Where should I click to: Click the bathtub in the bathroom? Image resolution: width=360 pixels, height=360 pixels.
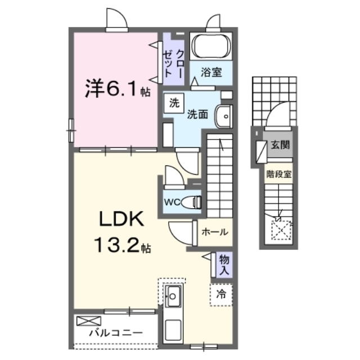click(211, 46)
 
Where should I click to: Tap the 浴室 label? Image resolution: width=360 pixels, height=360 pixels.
click(211, 73)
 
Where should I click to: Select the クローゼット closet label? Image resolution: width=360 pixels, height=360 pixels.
click(173, 64)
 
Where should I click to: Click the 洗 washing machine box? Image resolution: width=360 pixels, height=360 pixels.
click(174, 103)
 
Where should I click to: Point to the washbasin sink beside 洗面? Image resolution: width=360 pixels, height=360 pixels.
click(223, 116)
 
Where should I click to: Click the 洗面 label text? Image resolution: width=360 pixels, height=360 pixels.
click(197, 114)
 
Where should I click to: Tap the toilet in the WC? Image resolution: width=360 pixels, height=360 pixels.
click(191, 202)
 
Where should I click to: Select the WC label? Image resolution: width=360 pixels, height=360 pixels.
click(172, 202)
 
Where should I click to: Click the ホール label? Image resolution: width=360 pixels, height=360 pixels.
click(215, 232)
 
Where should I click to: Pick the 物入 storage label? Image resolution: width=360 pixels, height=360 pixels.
click(224, 265)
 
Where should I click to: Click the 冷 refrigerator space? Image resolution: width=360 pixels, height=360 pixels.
click(221, 295)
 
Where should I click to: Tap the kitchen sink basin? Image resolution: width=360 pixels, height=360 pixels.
click(173, 296)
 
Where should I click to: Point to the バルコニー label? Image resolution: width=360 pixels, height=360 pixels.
click(116, 332)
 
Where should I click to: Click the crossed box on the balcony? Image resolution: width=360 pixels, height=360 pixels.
click(89, 321)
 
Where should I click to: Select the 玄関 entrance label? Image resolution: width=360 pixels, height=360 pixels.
click(280, 145)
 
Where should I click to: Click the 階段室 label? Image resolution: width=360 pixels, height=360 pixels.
click(279, 174)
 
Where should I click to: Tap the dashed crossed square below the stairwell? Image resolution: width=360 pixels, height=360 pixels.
click(281, 230)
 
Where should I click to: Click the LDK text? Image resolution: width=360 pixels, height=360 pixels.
click(121, 219)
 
